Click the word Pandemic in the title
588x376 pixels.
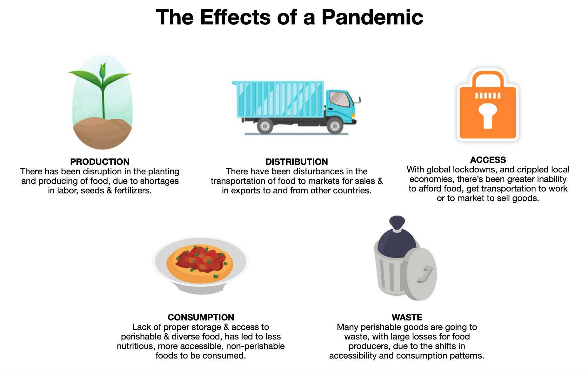tap(372, 17)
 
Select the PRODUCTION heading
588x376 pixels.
tap(100, 162)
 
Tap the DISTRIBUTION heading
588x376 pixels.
tap(297, 162)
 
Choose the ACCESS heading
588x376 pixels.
tap(488, 160)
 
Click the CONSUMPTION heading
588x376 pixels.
tap(201, 317)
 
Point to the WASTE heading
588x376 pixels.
tap(407, 317)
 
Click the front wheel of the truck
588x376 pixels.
tap(335, 126)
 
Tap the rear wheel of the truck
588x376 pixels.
tap(265, 126)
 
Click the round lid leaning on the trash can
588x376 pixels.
tap(421, 274)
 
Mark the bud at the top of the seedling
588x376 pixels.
tap(102, 70)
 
